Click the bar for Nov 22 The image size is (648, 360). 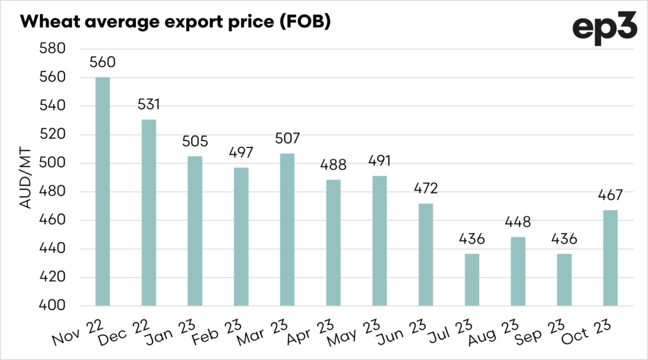click(103, 191)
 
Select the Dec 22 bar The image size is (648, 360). click(149, 213)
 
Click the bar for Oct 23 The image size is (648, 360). click(610, 258)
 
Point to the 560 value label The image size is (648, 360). click(103, 63)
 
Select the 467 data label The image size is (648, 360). click(610, 196)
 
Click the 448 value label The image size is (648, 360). click(518, 222)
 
